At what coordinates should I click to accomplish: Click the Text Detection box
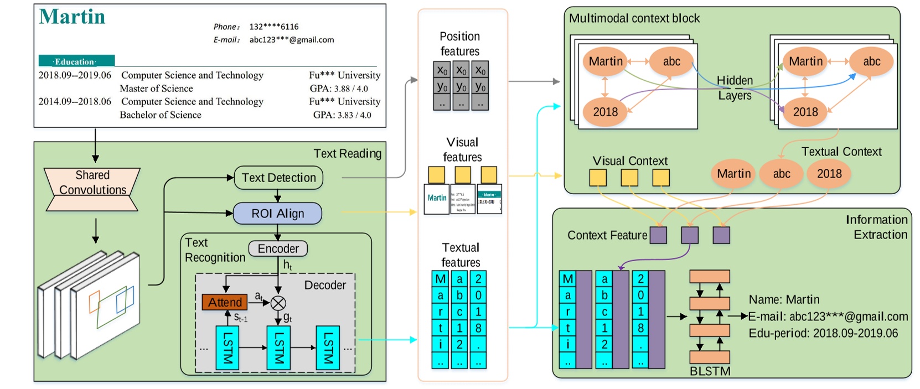point(278,178)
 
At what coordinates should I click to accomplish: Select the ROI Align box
point(277,214)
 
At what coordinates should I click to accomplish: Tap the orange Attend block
point(225,302)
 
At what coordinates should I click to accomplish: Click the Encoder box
point(278,248)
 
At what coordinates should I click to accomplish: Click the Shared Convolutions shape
point(92,183)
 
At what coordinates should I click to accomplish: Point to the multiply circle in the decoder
point(278,303)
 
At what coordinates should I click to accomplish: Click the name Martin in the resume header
point(72,17)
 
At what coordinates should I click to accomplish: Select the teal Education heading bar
point(76,61)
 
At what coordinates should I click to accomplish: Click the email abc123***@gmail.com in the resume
point(292,40)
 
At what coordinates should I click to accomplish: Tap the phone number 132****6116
point(274,27)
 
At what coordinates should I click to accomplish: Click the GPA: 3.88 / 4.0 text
point(339,89)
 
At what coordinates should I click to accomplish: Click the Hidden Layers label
point(735,88)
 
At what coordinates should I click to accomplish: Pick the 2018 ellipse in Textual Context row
point(829,174)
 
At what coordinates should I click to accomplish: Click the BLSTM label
point(710,371)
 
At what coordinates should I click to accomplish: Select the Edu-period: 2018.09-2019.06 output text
point(823,333)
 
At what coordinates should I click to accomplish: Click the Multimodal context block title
point(634,18)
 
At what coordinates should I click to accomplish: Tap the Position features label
point(459,44)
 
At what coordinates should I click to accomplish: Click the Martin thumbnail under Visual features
point(437,198)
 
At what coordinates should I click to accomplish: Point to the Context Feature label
point(607,235)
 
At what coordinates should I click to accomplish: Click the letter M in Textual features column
point(441,279)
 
